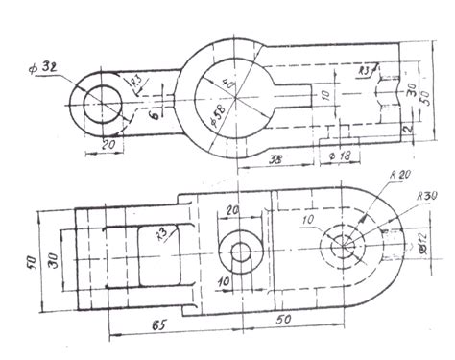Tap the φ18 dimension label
coord(340,155)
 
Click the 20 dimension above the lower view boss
coord(233,211)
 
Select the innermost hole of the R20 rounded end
coord(340,245)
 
